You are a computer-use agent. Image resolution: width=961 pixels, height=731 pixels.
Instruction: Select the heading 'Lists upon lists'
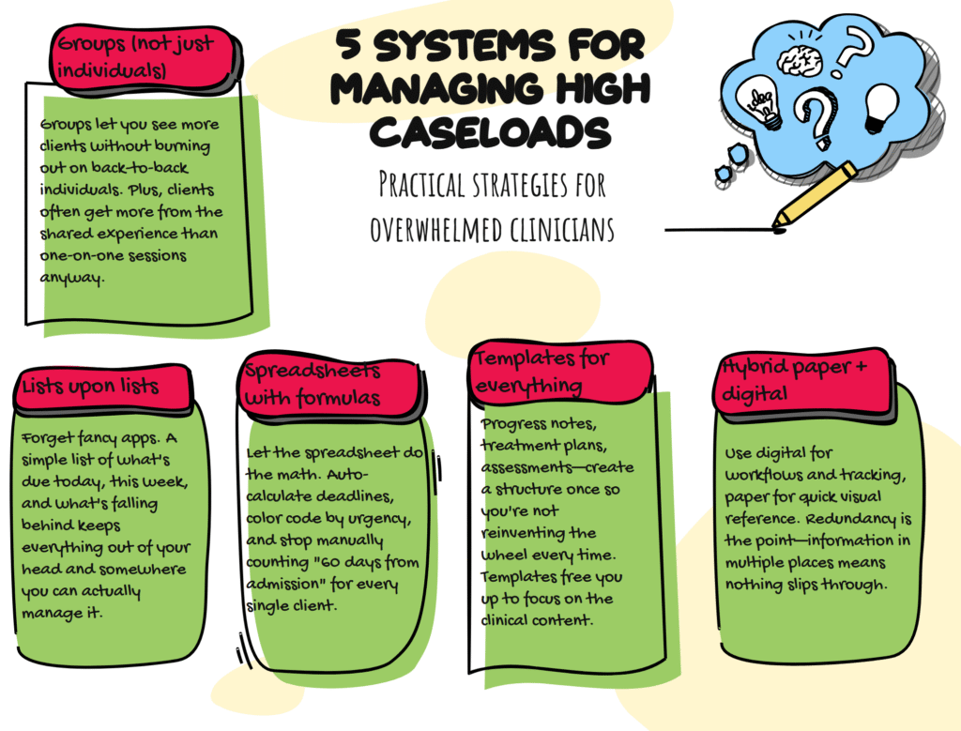(90, 386)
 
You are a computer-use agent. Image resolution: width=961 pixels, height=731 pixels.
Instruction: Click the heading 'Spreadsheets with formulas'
(313, 384)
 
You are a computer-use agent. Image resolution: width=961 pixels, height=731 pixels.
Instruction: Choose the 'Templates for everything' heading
(542, 372)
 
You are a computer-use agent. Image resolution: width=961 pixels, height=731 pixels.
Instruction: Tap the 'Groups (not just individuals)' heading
(135, 56)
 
